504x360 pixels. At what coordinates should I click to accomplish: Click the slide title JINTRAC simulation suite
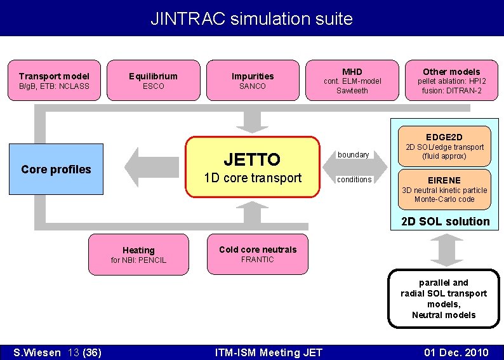[251, 18]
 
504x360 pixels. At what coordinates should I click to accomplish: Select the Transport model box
[54, 81]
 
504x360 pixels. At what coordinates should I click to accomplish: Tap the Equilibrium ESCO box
[153, 81]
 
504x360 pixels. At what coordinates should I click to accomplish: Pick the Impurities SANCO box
[252, 81]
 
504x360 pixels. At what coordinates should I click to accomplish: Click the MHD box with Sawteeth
[352, 81]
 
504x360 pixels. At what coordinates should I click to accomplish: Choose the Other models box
[451, 81]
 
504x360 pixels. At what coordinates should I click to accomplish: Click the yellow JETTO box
[252, 167]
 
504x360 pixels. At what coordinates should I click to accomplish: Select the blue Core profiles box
[56, 169]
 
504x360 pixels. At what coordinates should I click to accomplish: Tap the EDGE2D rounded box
[444, 146]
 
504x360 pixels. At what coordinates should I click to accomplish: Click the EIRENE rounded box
[444, 189]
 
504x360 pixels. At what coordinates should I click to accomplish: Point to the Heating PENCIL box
[138, 255]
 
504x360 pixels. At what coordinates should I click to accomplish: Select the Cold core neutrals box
[258, 254]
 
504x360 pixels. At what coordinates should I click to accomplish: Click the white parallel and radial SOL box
[443, 298]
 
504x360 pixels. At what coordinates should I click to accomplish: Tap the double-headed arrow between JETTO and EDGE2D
[355, 167]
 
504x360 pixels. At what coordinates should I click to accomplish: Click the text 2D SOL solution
[445, 222]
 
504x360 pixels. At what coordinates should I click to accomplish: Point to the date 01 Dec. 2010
[456, 352]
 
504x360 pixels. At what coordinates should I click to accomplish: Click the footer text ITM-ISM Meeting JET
[269, 352]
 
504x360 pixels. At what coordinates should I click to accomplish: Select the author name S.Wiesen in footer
[39, 352]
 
